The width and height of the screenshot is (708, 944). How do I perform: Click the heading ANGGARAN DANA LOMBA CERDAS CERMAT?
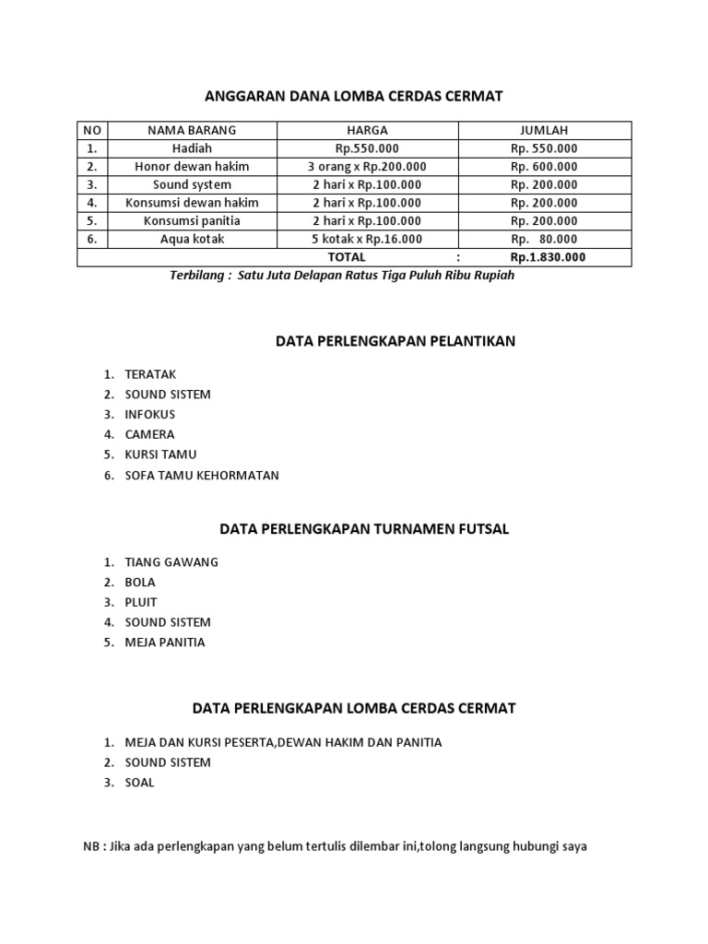click(353, 95)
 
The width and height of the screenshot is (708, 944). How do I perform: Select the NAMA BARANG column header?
click(192, 130)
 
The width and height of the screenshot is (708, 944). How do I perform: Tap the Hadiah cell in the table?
click(192, 148)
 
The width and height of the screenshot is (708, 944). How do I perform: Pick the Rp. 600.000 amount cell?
click(544, 167)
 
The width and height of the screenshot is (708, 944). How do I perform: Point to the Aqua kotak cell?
click(192, 239)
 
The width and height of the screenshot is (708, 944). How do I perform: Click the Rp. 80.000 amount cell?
click(544, 239)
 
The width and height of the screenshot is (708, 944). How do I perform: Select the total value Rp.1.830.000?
click(548, 257)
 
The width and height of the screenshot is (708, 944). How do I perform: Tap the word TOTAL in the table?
click(347, 257)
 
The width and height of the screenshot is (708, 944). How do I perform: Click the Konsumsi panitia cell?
click(192, 221)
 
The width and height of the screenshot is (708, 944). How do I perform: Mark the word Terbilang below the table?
click(197, 276)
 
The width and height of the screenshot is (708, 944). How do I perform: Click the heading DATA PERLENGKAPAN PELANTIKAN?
click(395, 341)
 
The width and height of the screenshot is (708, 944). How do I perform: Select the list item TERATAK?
click(150, 374)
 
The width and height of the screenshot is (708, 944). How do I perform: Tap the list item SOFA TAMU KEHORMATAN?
click(202, 476)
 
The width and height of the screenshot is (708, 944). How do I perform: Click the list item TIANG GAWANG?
click(171, 561)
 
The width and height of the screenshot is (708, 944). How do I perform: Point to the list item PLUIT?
click(141, 602)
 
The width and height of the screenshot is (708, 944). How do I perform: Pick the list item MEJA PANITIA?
click(165, 643)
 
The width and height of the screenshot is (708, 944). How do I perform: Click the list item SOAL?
click(140, 783)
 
